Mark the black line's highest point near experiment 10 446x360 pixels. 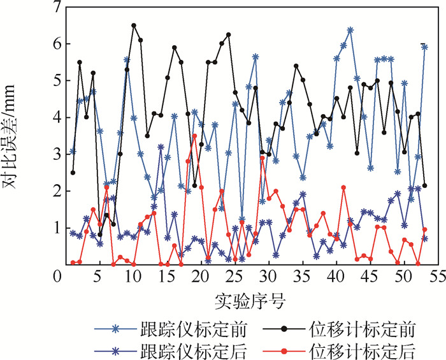click(x=134, y=25)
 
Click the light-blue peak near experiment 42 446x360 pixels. click(x=350, y=30)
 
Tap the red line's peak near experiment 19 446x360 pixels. click(x=194, y=136)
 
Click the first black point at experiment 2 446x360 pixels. click(x=73, y=172)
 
